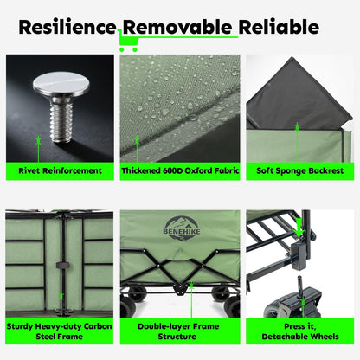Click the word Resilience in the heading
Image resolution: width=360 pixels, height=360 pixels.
(67, 27)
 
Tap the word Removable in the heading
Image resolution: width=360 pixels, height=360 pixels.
(177, 27)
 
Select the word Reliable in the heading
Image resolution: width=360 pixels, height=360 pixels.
(279, 27)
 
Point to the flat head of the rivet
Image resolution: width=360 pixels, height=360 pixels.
(61, 84)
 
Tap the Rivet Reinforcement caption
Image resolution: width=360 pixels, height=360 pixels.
(60, 170)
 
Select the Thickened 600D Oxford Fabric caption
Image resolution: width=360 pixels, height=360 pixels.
(180, 170)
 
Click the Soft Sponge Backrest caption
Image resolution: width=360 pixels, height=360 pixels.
(300, 170)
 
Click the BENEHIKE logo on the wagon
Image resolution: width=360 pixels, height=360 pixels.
(182, 228)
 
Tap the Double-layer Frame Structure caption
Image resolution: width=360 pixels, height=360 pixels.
(178, 331)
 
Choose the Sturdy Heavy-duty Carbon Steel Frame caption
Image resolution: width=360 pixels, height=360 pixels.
(60, 331)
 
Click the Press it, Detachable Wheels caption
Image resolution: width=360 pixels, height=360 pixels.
(300, 331)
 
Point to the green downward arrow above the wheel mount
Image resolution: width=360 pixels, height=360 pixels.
(299, 228)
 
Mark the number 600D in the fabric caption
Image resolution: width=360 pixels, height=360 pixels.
(172, 170)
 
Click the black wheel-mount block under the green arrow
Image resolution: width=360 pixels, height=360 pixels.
(299, 254)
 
